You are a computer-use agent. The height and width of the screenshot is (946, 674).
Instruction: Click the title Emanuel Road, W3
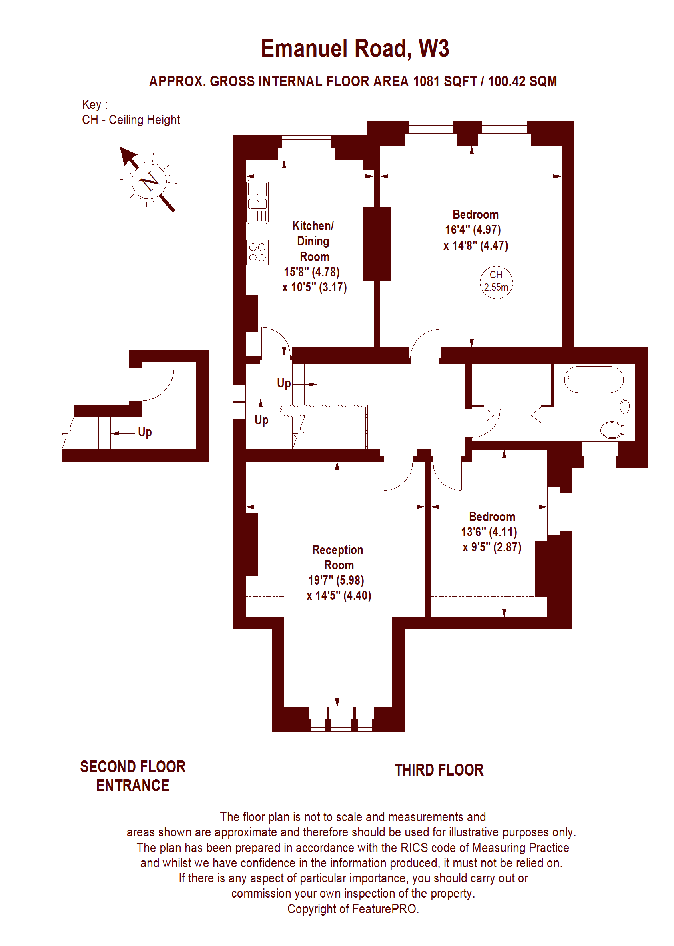pos(355,49)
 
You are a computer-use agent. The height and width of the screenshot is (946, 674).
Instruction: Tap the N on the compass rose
pos(149,181)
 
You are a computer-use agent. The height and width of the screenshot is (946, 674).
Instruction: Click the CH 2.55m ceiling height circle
pos(496,282)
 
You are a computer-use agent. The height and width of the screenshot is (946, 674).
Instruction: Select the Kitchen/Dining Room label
pos(313,241)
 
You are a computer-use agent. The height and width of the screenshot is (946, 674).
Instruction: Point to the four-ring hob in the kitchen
pos(257,252)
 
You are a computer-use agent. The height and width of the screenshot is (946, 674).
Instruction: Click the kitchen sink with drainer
pos(257,202)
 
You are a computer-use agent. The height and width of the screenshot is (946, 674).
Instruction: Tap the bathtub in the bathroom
pos(594,379)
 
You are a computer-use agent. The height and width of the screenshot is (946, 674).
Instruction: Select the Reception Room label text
pos(338,557)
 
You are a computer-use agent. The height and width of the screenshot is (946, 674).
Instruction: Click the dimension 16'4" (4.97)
pos(473,230)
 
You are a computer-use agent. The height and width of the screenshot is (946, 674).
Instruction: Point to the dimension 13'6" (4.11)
pos(489,532)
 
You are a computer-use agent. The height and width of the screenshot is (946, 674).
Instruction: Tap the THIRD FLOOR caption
pos(439,770)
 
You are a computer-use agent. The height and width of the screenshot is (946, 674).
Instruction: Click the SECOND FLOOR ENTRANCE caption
pos(133,776)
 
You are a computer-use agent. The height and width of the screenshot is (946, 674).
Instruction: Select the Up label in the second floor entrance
pos(145,432)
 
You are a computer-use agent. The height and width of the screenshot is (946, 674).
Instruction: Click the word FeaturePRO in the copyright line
pos(384,909)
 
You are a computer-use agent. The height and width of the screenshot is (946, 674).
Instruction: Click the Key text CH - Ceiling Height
pos(131,120)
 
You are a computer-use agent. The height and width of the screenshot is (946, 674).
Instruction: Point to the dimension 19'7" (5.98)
pos(336,581)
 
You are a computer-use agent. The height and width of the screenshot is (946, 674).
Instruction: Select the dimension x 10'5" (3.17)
pos(315,287)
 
